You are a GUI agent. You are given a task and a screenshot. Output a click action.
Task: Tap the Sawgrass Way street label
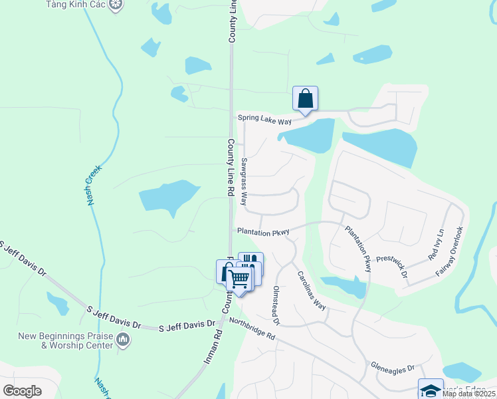click(x=244, y=181)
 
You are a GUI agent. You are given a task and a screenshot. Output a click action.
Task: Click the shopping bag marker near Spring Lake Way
click(x=306, y=98)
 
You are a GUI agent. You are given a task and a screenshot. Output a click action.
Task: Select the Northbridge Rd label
click(x=251, y=329)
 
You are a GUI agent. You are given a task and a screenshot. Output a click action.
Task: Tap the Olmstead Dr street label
click(x=276, y=306)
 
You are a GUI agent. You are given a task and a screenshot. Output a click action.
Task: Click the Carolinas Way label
click(x=310, y=291)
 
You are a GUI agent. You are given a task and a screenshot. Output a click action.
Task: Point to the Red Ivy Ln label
click(x=436, y=244)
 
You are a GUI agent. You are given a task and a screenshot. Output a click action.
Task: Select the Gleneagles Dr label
click(x=392, y=368)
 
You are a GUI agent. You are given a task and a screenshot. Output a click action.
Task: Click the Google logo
click(x=22, y=390)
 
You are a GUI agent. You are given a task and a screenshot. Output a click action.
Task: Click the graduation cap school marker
click(x=430, y=389)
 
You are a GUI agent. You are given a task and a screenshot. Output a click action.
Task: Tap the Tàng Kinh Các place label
click(x=75, y=5)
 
